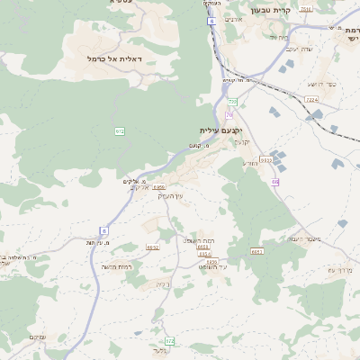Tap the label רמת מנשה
(x=118, y=266)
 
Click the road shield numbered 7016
(x=306, y=8)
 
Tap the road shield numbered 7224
(x=311, y=99)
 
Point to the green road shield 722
(x=231, y=103)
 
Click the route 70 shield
(x=230, y=114)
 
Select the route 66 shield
(x=274, y=182)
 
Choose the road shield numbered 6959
(x=159, y=186)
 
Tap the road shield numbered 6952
(x=152, y=246)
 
